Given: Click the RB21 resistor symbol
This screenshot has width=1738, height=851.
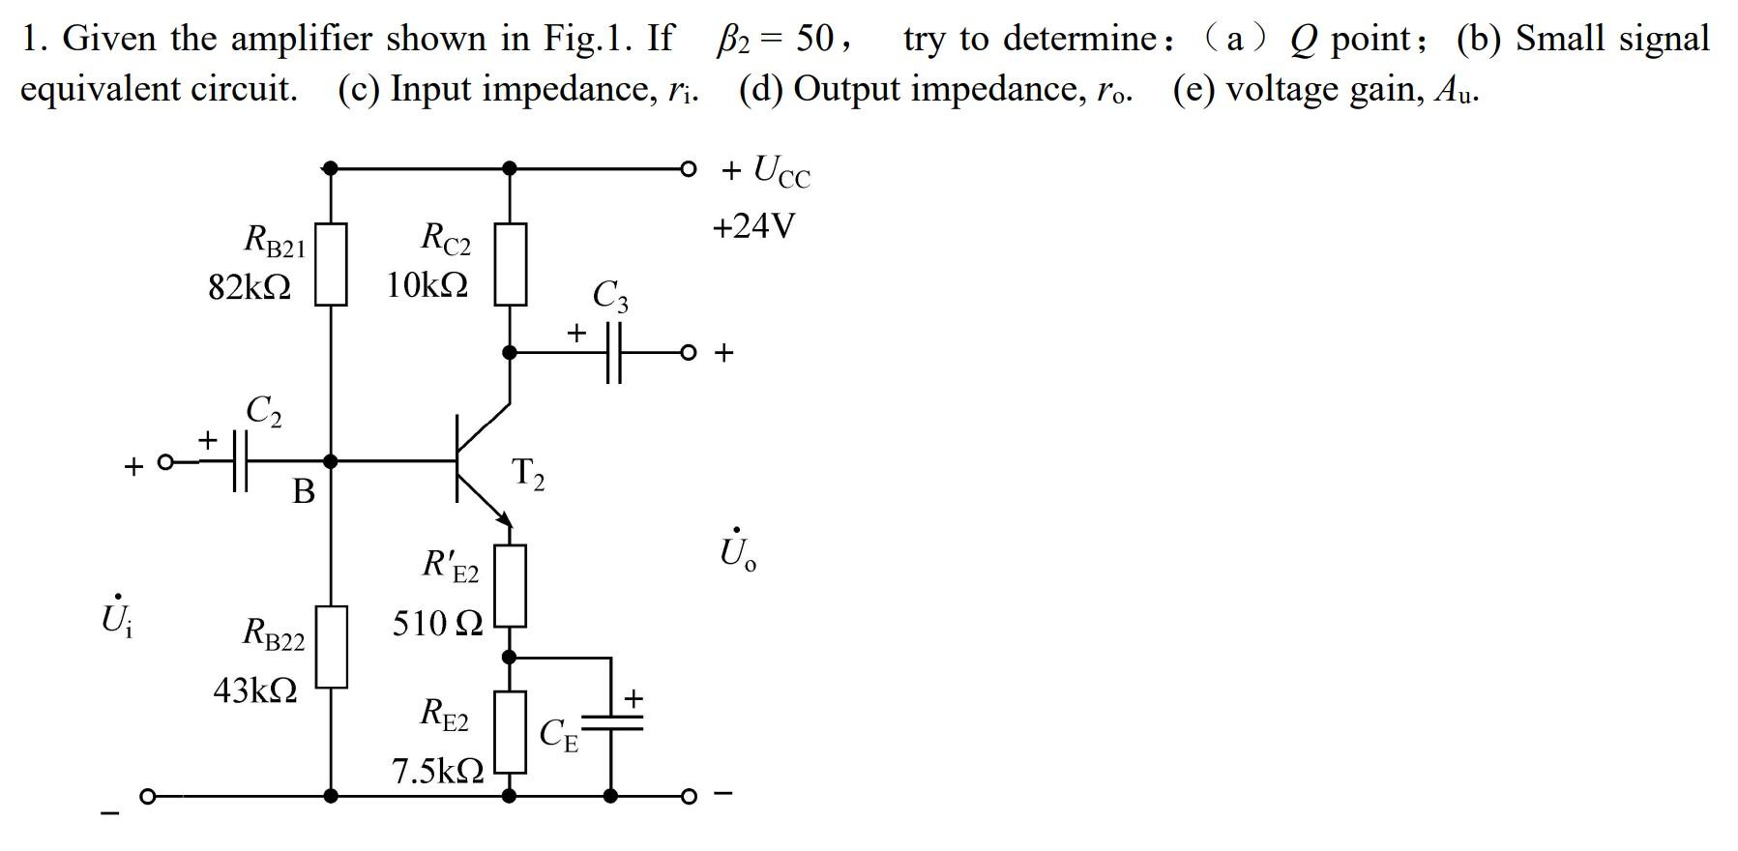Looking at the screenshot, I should pos(331,264).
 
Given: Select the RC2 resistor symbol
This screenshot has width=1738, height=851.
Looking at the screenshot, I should pos(511,264).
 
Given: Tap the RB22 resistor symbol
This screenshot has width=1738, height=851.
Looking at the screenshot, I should pos(331,646).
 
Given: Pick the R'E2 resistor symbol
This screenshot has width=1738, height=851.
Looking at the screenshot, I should pos(511,586).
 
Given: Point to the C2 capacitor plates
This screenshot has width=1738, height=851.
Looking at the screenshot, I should pos(239,461).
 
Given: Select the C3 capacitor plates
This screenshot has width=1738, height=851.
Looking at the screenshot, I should pos(614,352).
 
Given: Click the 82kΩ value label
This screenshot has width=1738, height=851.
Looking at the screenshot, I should pos(250,287).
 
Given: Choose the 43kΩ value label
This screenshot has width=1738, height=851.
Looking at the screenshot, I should pos(254,690).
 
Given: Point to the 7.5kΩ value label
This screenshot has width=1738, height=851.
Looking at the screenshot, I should pos(437,771).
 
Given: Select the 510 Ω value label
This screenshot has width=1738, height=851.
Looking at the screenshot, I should pos(437,624).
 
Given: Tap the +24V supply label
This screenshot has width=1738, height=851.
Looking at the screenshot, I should pos(753,226).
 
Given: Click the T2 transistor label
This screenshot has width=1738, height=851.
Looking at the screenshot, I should pos(528,474).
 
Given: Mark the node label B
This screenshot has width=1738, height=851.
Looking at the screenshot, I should pos(304,492).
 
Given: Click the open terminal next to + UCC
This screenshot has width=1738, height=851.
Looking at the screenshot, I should pos(688,168).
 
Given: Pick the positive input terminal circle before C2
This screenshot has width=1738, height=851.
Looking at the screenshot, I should pos(165,462).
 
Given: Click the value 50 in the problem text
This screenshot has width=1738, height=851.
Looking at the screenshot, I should pos(814,39).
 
